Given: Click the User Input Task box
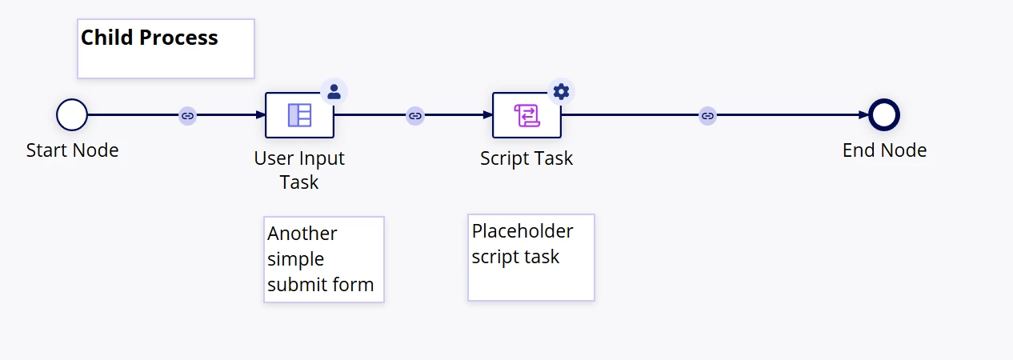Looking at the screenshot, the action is pyautogui.click(x=299, y=115).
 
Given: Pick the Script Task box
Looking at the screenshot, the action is pyautogui.click(x=527, y=115).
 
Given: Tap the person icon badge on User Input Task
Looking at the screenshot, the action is pyautogui.click(x=334, y=92).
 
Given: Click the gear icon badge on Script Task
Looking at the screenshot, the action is pyautogui.click(x=561, y=92).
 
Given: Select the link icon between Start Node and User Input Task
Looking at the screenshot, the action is pyautogui.click(x=188, y=116).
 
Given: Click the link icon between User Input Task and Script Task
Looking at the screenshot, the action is pyautogui.click(x=415, y=116).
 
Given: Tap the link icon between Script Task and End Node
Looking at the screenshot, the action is pyautogui.click(x=708, y=116).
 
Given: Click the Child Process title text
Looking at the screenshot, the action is pyautogui.click(x=150, y=38).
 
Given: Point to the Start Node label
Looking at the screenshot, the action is pyautogui.click(x=72, y=150).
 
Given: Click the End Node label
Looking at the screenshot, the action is pyautogui.click(x=884, y=150).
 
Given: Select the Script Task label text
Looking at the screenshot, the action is pyautogui.click(x=527, y=158).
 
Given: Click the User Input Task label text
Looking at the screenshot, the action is pyautogui.click(x=299, y=170).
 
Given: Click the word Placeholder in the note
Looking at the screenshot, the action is pyautogui.click(x=523, y=231).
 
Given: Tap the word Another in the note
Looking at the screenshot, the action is pyautogui.click(x=302, y=234).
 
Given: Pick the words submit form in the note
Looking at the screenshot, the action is pyautogui.click(x=321, y=285).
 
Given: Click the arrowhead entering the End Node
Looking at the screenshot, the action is pyautogui.click(x=863, y=115).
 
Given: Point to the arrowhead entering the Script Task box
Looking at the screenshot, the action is pyautogui.click(x=487, y=115).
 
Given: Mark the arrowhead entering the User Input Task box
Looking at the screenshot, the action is pyautogui.click(x=261, y=115).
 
